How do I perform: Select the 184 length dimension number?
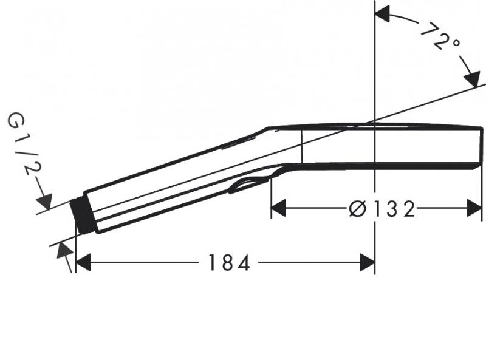coord(229,263)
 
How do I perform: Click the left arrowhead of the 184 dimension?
coord(83,262)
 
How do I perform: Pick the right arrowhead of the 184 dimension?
coord(367,262)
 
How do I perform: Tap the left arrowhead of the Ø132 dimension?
coord(278,209)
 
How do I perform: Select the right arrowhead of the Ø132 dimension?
coord(474,209)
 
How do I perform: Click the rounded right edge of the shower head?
coord(481,146)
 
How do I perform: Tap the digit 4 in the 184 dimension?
coord(244,263)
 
